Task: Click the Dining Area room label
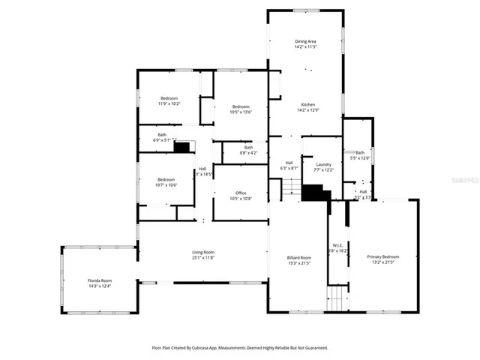click(305, 42)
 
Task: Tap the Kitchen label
click(308, 104)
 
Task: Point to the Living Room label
click(203, 252)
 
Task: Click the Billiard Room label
click(298, 256)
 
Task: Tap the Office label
click(241, 193)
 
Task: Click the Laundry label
click(324, 164)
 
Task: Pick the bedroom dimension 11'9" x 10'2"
click(168, 104)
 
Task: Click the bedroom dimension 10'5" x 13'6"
click(241, 112)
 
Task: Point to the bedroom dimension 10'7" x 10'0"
click(166, 185)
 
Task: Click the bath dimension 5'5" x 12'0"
click(361, 158)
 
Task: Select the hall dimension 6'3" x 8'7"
click(289, 169)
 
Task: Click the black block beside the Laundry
click(316, 193)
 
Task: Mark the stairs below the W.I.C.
click(338, 299)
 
